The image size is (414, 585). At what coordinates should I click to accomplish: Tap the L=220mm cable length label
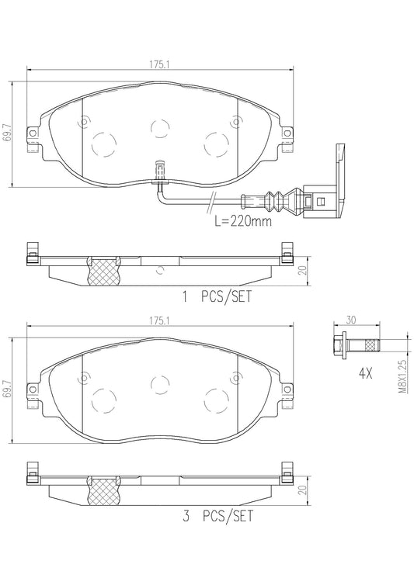tap(242, 221)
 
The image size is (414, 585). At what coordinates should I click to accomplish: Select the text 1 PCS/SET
tap(217, 296)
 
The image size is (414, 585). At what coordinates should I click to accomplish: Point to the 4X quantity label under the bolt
tap(365, 373)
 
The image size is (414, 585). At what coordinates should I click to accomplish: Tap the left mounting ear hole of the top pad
tap(33, 133)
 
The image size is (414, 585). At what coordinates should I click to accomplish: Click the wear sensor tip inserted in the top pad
tap(158, 168)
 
